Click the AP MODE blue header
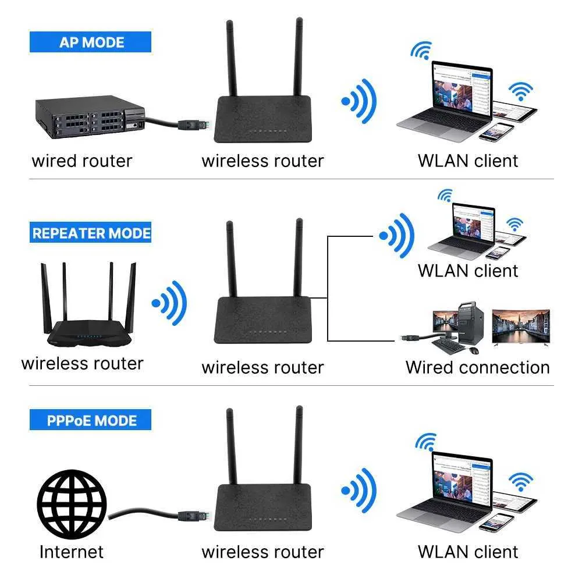point(91,42)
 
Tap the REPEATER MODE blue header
point(91,233)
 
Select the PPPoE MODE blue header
point(91,420)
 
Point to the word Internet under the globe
point(72,551)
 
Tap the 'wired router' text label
point(81,161)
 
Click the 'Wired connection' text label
point(477,367)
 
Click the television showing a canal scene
point(521,327)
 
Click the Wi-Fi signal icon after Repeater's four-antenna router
point(169,303)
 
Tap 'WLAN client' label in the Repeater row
point(467,271)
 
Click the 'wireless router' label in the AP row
point(262,161)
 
